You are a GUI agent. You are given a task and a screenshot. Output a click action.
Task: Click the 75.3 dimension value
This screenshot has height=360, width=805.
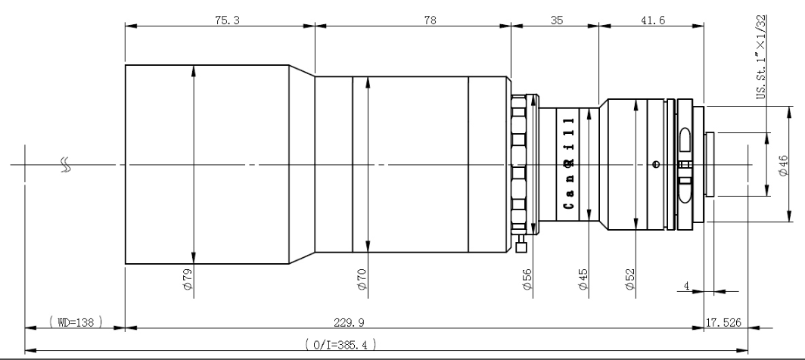[x=228, y=20]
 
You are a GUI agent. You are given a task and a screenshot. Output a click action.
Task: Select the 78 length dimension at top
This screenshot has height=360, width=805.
[x=430, y=20]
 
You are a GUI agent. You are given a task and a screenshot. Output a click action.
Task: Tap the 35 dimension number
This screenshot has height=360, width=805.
[x=557, y=20]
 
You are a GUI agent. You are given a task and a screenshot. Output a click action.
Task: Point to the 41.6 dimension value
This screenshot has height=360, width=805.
[x=652, y=20]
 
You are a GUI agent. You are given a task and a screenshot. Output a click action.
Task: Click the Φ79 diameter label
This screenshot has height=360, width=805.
[x=188, y=279]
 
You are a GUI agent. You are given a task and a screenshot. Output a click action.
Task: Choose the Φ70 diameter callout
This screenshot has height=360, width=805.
[x=362, y=279]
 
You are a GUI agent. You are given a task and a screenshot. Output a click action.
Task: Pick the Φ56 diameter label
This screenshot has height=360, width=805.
[x=527, y=279]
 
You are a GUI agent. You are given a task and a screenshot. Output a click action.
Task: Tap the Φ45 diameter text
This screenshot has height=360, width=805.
[x=583, y=279]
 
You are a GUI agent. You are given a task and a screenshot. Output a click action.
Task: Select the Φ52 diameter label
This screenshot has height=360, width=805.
[x=630, y=279]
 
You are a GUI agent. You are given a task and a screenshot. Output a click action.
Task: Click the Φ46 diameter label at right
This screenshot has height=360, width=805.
[x=784, y=166]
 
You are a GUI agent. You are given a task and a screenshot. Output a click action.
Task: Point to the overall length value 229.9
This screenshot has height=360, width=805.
[x=349, y=322]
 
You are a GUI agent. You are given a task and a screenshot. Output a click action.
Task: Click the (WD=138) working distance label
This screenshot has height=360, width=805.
[x=76, y=322]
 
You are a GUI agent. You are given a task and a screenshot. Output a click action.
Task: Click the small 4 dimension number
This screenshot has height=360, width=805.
[x=686, y=286]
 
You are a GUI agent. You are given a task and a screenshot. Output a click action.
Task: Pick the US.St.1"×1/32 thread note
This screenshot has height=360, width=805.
[x=761, y=57]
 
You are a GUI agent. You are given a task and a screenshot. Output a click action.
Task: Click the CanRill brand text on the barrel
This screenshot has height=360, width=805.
[x=568, y=163]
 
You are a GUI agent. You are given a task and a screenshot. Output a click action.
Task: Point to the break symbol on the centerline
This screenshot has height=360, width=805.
[x=66, y=164]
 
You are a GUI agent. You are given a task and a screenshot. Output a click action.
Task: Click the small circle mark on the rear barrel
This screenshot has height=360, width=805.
[x=655, y=165]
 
